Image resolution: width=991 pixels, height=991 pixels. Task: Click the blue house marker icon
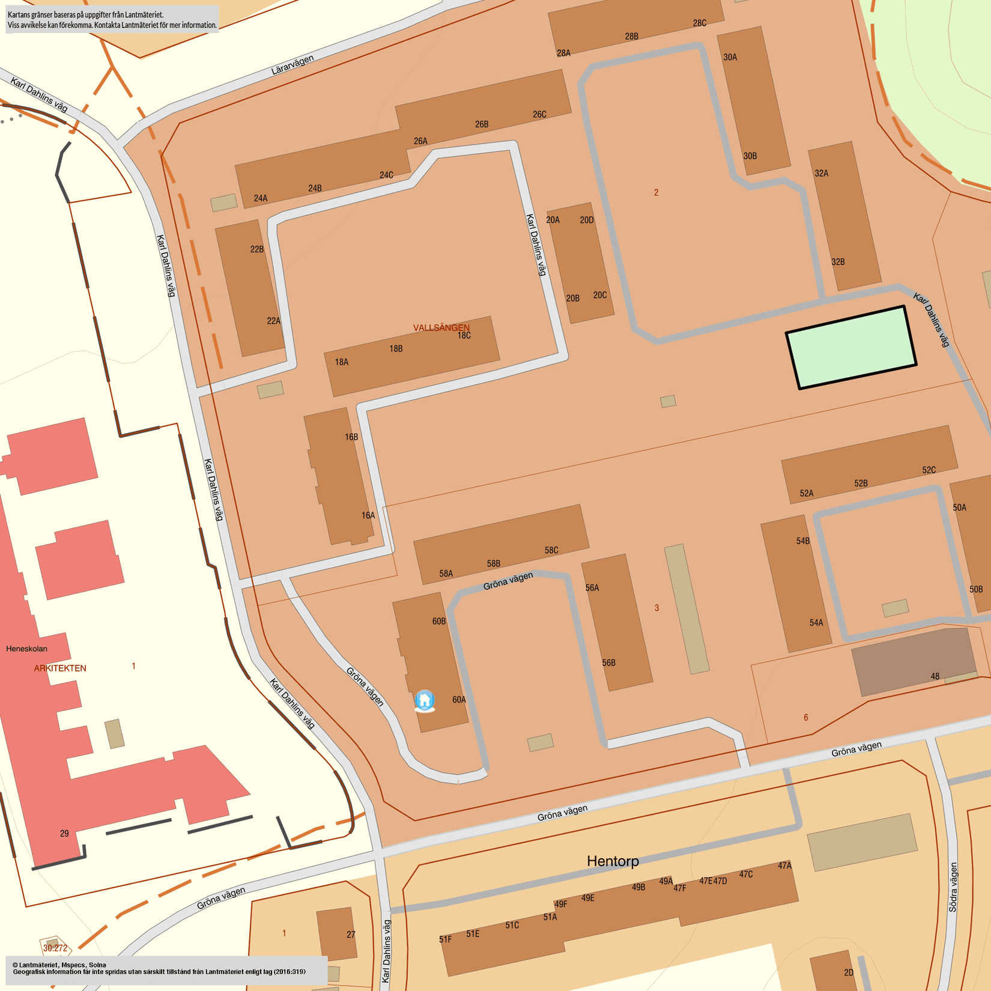(x=425, y=700)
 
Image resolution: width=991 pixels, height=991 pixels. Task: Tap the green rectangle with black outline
(x=851, y=348)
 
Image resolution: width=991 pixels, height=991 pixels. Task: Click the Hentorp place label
(x=613, y=861)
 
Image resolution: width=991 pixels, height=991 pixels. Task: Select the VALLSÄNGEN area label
(x=441, y=327)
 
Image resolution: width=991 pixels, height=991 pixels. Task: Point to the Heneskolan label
(x=26, y=649)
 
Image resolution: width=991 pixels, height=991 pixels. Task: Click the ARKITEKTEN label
(x=60, y=668)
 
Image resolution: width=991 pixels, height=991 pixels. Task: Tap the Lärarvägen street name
(x=292, y=65)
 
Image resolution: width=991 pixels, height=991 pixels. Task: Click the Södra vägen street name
(x=953, y=888)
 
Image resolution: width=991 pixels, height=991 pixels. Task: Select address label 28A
(x=563, y=53)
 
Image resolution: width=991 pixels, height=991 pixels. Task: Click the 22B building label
(x=257, y=249)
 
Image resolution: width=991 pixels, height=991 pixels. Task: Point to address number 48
(x=935, y=676)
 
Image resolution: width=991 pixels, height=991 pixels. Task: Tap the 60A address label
(x=459, y=700)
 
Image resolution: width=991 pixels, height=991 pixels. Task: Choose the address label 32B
(x=838, y=262)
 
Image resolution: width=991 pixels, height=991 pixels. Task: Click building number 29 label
(x=64, y=834)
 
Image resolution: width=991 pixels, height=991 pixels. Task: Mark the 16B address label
(x=351, y=437)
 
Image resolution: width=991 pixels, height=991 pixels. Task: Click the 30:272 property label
(x=55, y=948)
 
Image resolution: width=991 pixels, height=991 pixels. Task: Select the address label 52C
(x=929, y=470)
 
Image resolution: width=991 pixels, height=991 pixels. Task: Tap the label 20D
(x=587, y=220)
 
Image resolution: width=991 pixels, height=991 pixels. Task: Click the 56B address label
(x=609, y=663)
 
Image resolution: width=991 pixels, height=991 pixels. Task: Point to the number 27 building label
(x=351, y=935)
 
